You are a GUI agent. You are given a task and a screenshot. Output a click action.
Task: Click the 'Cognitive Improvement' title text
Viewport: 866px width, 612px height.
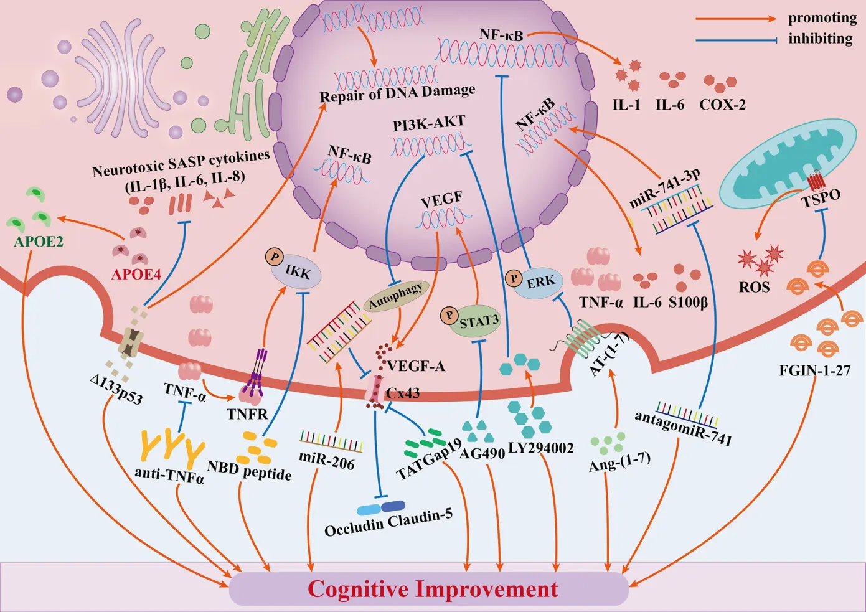pos(433,589)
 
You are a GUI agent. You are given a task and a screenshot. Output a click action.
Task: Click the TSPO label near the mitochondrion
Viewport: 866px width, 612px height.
pos(821,198)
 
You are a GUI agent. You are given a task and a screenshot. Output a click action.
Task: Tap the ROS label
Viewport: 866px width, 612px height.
pos(754,287)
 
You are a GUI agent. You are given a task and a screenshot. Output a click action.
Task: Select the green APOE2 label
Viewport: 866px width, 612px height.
pos(39,242)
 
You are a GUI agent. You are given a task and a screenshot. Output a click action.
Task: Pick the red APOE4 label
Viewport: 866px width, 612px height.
pos(136,274)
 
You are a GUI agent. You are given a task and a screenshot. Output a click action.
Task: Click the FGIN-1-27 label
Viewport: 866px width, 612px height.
pos(814,370)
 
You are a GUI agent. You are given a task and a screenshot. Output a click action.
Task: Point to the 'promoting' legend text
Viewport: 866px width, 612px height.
pos(822,17)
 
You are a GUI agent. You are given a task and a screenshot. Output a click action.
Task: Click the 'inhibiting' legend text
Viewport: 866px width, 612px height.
pos(820,39)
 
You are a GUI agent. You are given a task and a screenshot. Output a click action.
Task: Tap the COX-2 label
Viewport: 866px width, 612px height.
pos(722,105)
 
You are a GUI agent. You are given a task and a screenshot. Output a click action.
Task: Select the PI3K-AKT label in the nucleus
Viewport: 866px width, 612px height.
pos(429,123)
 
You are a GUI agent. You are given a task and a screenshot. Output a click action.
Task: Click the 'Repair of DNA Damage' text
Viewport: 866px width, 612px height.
pos(397,94)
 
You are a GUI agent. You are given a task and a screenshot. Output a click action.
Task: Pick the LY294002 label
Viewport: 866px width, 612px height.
pos(540,448)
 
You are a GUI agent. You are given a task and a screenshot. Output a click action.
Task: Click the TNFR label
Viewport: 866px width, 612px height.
pos(247,414)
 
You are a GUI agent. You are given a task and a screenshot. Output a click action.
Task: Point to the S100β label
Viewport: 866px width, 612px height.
pos(688,303)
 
